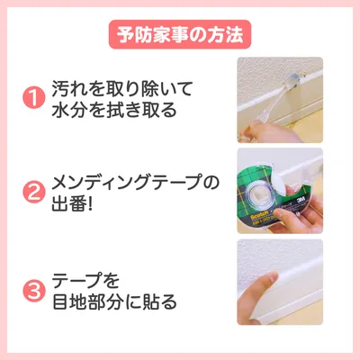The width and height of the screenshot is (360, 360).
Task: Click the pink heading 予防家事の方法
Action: pos(180,34)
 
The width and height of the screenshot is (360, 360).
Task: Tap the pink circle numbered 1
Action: pos(34,97)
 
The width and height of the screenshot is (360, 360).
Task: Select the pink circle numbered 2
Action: pos(34,192)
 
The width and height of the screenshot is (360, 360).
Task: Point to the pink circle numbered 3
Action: pos(34,291)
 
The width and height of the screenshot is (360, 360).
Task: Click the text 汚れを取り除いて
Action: pos(121,88)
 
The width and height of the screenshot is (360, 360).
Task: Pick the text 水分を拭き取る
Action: pos(114,110)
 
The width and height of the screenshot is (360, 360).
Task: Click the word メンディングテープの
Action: pos(135,183)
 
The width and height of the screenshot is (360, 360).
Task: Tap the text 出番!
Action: pos(72,203)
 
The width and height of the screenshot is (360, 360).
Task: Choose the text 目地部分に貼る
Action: pos(114,301)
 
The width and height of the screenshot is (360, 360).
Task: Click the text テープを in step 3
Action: pos(85,281)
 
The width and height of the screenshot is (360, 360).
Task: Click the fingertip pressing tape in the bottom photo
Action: pos(272,278)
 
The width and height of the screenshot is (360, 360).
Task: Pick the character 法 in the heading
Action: pos(235,34)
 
